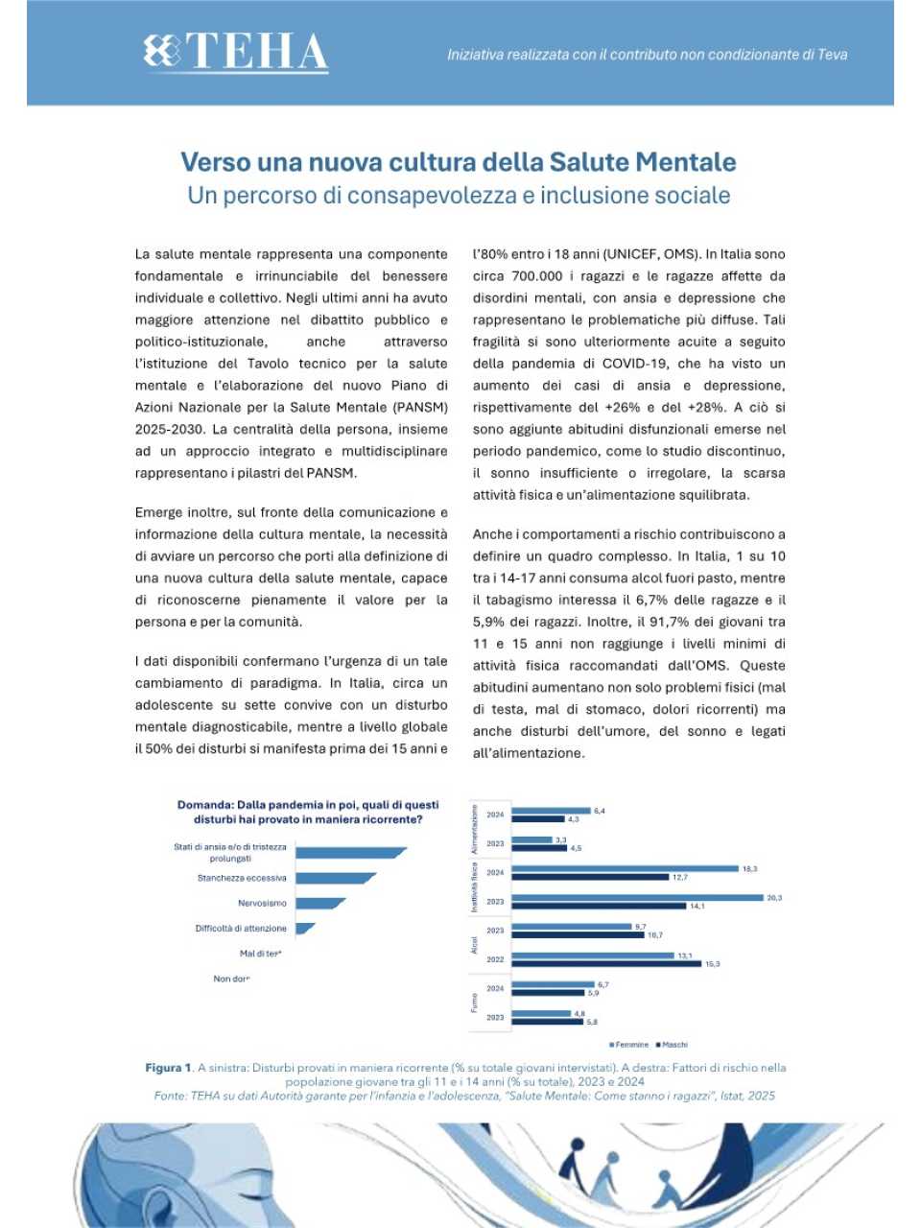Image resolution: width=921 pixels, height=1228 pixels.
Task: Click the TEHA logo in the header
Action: [236, 53]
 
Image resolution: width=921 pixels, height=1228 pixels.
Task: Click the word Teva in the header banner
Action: [832, 55]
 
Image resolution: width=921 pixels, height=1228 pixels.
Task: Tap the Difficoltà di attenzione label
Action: [241, 929]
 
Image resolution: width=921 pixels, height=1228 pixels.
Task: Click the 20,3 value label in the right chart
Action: [774, 898]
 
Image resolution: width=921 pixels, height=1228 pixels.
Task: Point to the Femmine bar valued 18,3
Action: [624, 868]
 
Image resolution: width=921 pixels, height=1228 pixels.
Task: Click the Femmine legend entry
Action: [628, 1045]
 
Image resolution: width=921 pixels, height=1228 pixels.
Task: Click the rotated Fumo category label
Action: [475, 1003]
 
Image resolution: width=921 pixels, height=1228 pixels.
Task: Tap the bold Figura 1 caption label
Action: [169, 1068]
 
